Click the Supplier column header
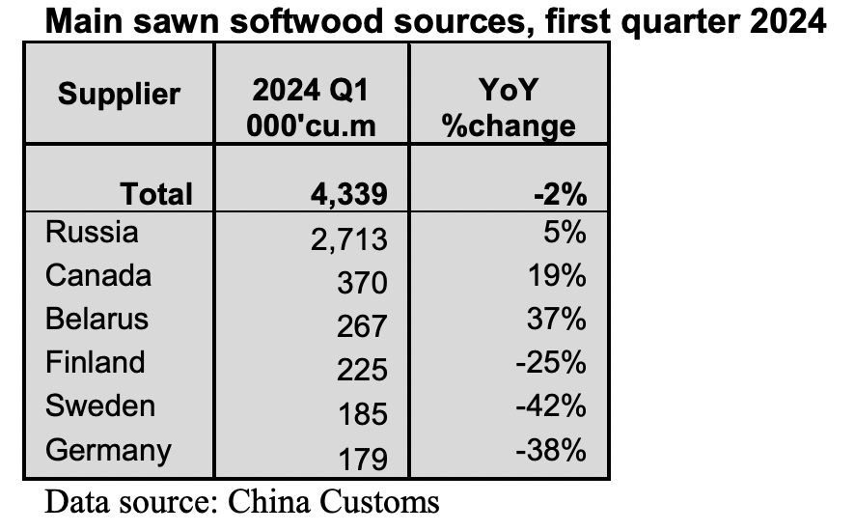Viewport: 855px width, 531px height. point(119,95)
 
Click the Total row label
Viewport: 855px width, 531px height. point(156,194)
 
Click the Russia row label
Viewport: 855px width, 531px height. point(92,233)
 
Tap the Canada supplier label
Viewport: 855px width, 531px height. point(98,276)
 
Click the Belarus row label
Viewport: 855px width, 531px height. point(97,320)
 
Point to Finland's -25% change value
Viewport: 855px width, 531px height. point(552,363)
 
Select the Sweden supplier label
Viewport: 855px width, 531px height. point(100,405)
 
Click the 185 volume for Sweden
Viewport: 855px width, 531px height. point(362,414)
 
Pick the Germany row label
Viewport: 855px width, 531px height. point(108,450)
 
